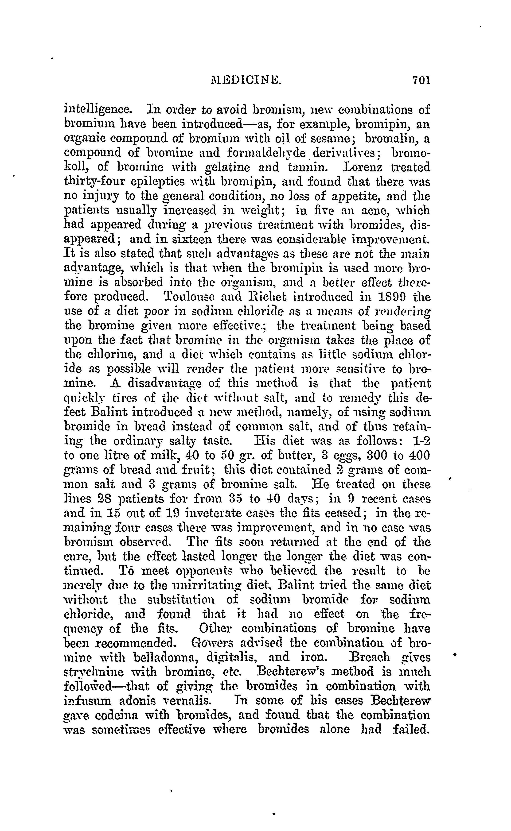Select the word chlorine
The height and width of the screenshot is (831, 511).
[113, 355]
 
